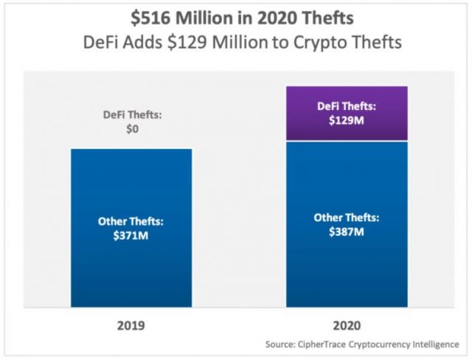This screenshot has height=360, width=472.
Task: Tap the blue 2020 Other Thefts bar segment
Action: click(x=346, y=266)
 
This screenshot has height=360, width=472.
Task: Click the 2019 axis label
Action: click(x=131, y=325)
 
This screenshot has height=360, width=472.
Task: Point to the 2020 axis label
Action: click(x=346, y=325)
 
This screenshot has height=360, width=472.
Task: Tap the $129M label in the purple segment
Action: click(x=346, y=120)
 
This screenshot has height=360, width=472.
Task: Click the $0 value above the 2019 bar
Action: click(x=131, y=128)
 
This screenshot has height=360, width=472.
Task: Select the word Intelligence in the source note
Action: click(x=434, y=345)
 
